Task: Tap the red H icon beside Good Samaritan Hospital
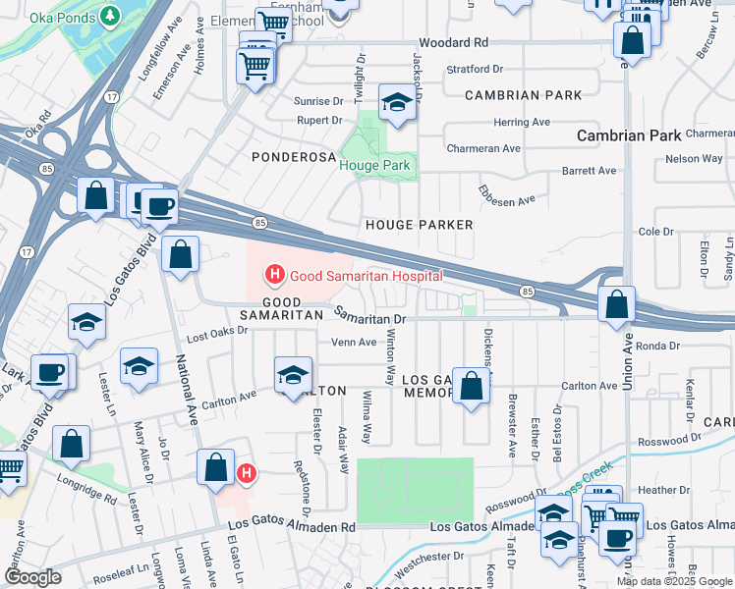pos(276,275)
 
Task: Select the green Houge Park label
pos(374,166)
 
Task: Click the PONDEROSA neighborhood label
pos(287,157)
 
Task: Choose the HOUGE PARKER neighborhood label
pos(420,225)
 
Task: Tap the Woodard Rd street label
pos(453,43)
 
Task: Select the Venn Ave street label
pos(354,343)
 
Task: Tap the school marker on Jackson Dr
pos(396,103)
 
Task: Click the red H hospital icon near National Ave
pos(247,474)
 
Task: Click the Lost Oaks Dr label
pos(214,336)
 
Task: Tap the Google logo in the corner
pos(33,577)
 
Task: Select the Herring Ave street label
pos(522,122)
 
